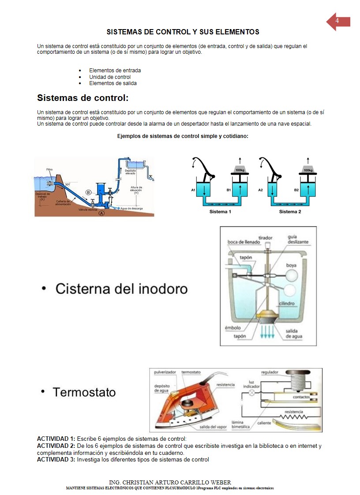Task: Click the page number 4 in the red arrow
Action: (x=337, y=22)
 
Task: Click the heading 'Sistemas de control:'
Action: (x=82, y=98)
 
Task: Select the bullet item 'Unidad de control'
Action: (x=110, y=77)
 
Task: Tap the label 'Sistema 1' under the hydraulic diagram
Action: (x=220, y=212)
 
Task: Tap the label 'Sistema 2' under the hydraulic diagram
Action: (x=290, y=212)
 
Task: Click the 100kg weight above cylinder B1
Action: (x=240, y=170)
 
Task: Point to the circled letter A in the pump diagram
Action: (x=101, y=213)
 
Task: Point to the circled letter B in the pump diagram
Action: (x=89, y=192)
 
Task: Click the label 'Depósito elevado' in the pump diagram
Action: (x=130, y=172)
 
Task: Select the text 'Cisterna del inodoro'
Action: (x=121, y=289)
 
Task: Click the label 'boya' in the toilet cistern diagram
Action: (x=291, y=265)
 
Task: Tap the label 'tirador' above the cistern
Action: (x=265, y=238)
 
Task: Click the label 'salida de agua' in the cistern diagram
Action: (x=293, y=333)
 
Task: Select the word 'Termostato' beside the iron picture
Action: (x=84, y=392)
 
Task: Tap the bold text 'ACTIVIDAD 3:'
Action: (x=56, y=460)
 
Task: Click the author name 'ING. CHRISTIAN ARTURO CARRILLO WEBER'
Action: (x=170, y=482)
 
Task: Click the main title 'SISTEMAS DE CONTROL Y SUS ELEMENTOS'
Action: (x=183, y=32)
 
